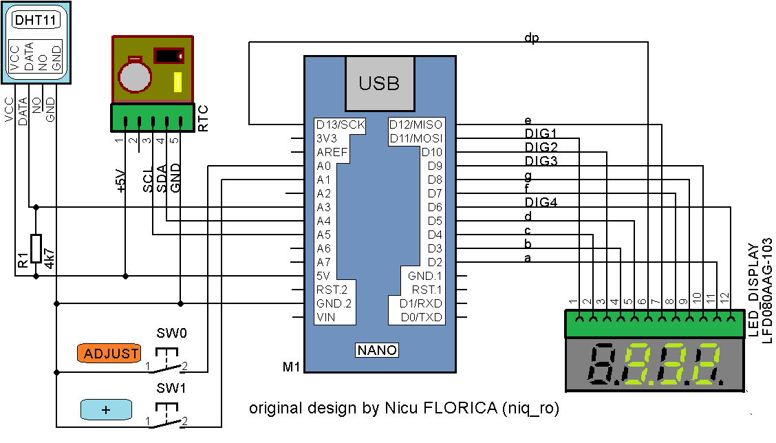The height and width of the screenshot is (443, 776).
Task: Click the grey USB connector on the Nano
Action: [x=379, y=83]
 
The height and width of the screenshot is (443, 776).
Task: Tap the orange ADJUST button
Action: [x=109, y=354]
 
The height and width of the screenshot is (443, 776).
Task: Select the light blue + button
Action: [x=106, y=409]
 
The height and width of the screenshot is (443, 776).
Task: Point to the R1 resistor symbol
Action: [x=36, y=248]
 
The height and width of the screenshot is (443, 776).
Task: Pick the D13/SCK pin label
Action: [x=340, y=125]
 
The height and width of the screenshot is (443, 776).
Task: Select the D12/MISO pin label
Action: [x=416, y=125]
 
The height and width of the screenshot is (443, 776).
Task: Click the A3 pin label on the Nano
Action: [x=323, y=207]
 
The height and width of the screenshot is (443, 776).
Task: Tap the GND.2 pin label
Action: [x=334, y=303]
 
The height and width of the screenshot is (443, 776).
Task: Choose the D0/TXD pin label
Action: [x=421, y=317]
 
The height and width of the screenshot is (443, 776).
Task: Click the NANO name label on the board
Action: [x=377, y=350]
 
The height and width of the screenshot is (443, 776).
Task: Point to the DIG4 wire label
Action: [x=541, y=202]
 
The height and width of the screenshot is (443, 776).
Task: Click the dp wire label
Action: [x=531, y=38]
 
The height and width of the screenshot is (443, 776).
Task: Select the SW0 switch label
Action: [x=172, y=334]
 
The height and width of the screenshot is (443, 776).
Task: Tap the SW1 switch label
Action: [x=171, y=389]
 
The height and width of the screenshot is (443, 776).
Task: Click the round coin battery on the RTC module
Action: [x=134, y=74]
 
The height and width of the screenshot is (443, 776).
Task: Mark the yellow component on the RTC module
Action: [x=177, y=83]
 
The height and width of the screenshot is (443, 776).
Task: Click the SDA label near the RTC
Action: [x=162, y=178]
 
